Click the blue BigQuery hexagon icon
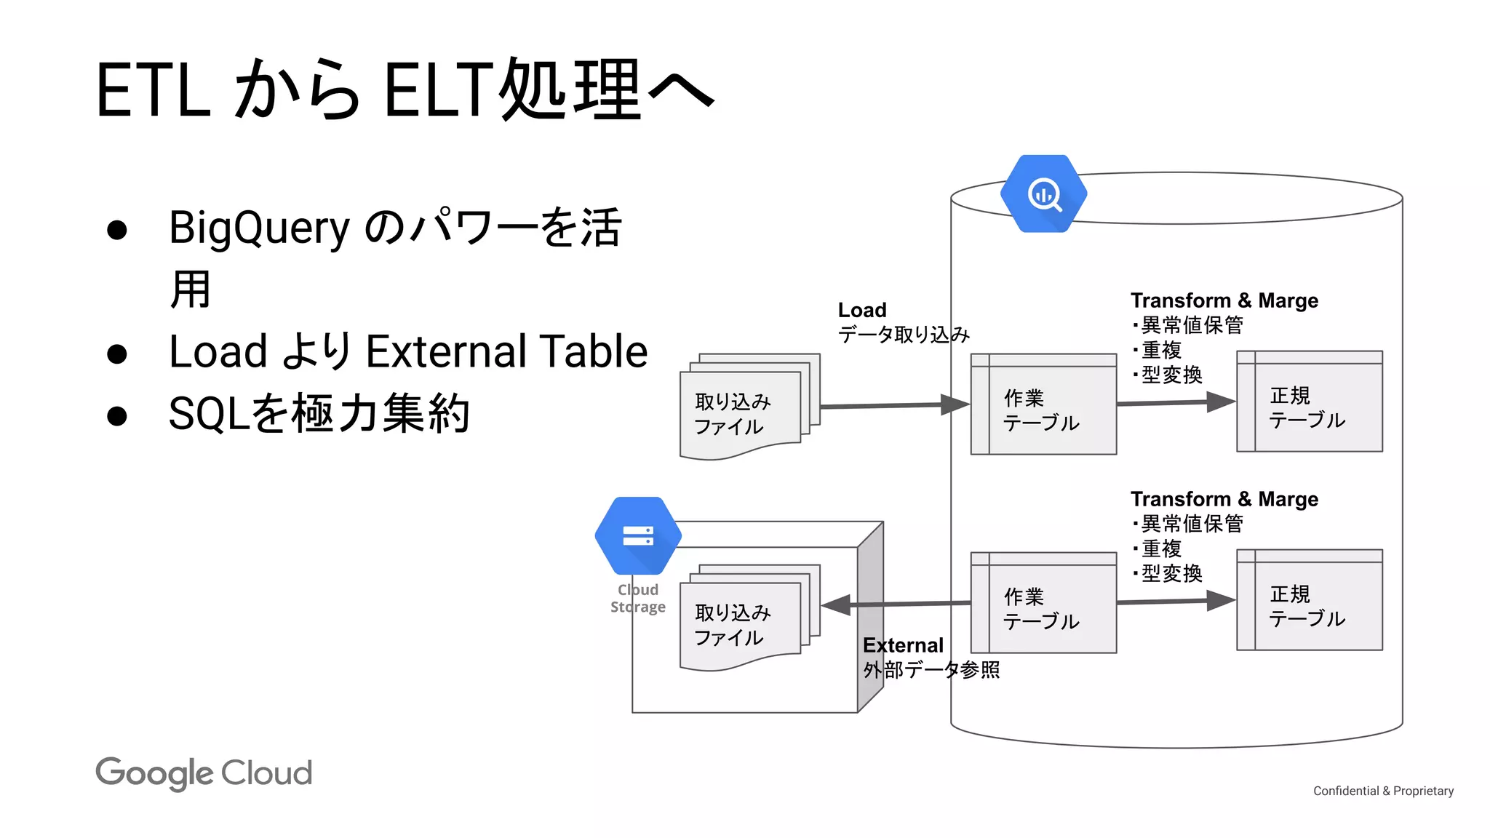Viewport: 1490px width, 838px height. tap(1043, 193)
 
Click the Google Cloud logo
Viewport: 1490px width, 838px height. tap(204, 773)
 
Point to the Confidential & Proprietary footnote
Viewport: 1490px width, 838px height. tap(1383, 791)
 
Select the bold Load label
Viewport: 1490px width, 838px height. tap(862, 310)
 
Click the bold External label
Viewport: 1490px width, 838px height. tap(903, 645)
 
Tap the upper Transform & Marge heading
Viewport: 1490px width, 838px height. tap(1224, 300)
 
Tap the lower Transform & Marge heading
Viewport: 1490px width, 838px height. tap(1224, 499)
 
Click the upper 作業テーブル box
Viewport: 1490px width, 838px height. tap(1043, 405)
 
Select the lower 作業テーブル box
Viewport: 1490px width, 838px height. tap(1043, 603)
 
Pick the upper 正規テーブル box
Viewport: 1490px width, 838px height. tap(1310, 402)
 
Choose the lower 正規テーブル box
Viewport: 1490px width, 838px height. tap(1310, 600)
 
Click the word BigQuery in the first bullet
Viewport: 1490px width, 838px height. tap(260, 228)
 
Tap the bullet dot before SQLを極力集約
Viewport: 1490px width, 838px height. tap(117, 416)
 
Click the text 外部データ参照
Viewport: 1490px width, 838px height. tap(931, 670)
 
